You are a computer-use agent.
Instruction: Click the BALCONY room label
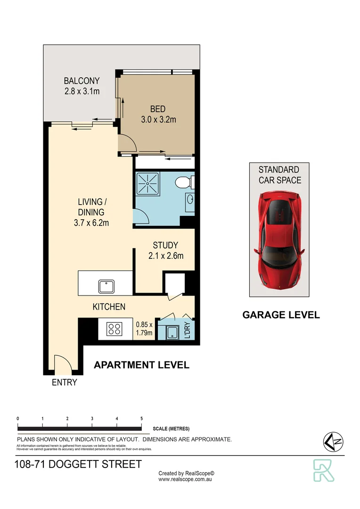point(82,81)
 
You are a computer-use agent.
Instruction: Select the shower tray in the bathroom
point(147,184)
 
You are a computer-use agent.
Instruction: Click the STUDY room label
point(165,246)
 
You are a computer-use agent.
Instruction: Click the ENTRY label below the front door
point(64,383)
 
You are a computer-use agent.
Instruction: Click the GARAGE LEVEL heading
point(281,315)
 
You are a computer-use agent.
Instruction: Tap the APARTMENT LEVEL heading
point(142,365)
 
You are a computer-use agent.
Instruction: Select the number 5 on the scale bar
point(142,419)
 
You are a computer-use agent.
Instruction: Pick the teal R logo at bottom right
point(324,470)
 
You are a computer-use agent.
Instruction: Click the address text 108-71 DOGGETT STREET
point(78,464)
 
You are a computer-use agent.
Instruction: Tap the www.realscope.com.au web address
point(186,479)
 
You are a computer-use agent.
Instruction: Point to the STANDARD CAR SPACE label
point(279,174)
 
